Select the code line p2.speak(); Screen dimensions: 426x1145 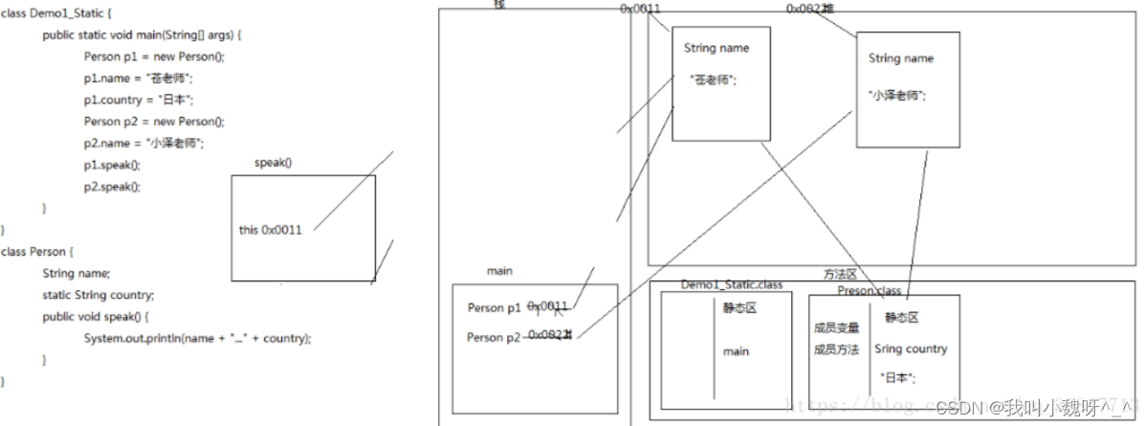(x=112, y=187)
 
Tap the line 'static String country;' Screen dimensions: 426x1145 (x=98, y=295)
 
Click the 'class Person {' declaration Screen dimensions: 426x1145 (x=37, y=252)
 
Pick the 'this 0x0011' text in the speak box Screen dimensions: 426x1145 (x=271, y=231)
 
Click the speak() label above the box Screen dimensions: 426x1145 (x=273, y=163)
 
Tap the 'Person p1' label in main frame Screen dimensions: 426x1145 (x=495, y=308)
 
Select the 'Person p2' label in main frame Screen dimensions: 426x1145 (x=495, y=337)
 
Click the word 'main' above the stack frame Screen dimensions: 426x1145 (x=499, y=271)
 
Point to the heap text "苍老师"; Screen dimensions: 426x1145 (x=713, y=81)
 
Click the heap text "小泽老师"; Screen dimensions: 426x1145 (x=897, y=96)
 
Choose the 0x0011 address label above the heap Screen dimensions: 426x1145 (x=640, y=9)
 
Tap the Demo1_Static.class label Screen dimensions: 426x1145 (x=732, y=284)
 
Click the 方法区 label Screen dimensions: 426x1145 (x=840, y=274)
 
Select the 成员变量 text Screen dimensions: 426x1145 (x=836, y=328)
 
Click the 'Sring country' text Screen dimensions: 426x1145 (x=911, y=349)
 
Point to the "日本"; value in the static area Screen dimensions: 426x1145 (x=898, y=378)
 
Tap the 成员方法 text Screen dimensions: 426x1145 (x=836, y=349)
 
